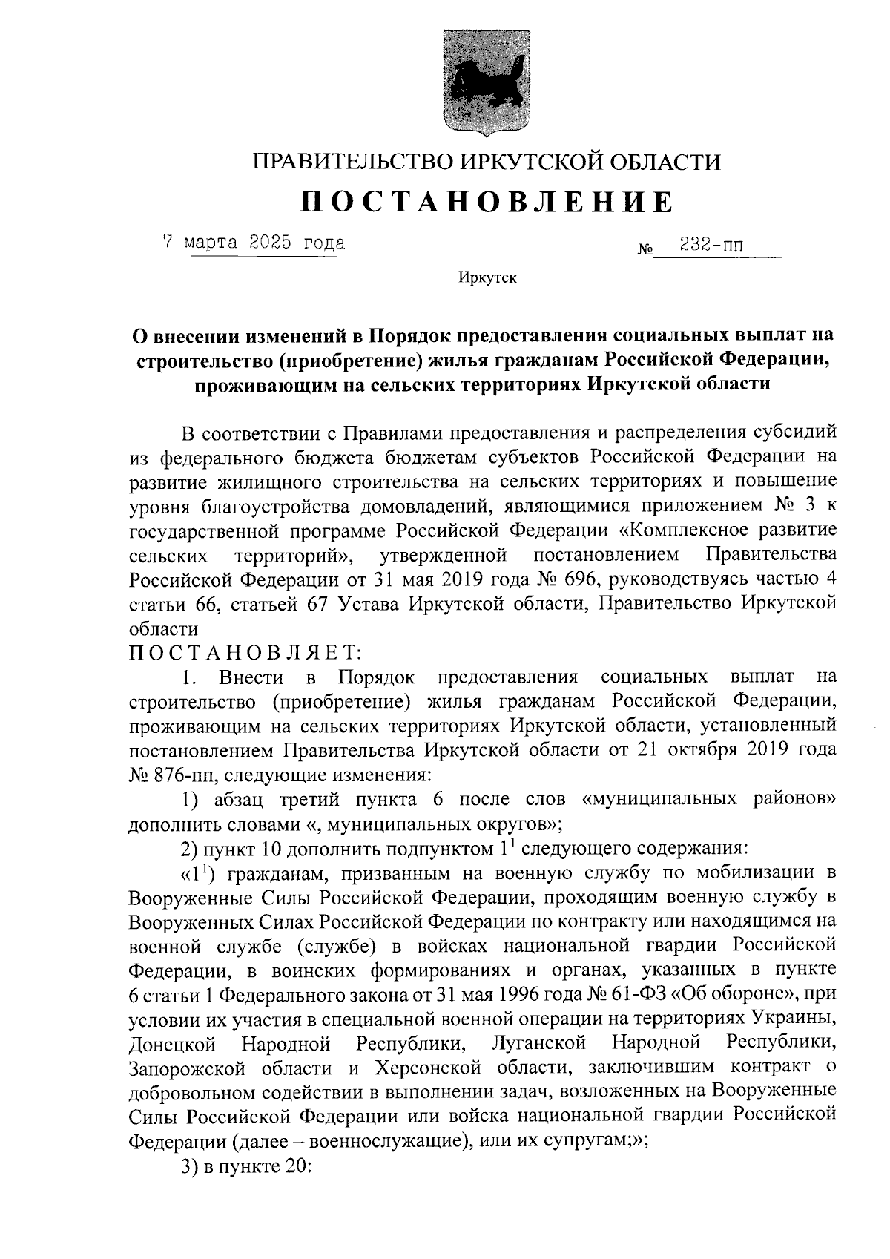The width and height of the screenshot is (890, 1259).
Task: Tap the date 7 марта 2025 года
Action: click(x=254, y=242)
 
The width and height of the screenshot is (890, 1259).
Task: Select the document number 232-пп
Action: click(x=707, y=243)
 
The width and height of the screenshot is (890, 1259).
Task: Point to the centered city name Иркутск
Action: click(x=488, y=279)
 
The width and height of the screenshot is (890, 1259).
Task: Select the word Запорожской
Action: click(x=185, y=1068)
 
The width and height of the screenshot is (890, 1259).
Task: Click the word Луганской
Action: click(x=538, y=1044)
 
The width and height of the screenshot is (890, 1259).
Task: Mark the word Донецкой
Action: click(x=171, y=1044)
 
